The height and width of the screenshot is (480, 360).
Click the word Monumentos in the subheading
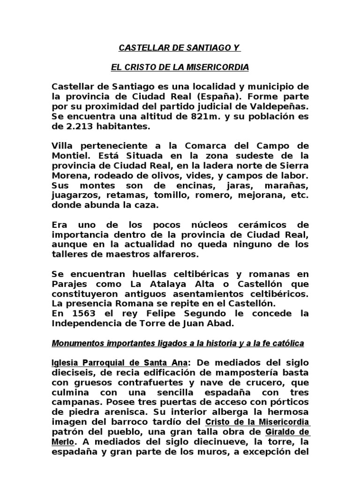pos(77,344)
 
